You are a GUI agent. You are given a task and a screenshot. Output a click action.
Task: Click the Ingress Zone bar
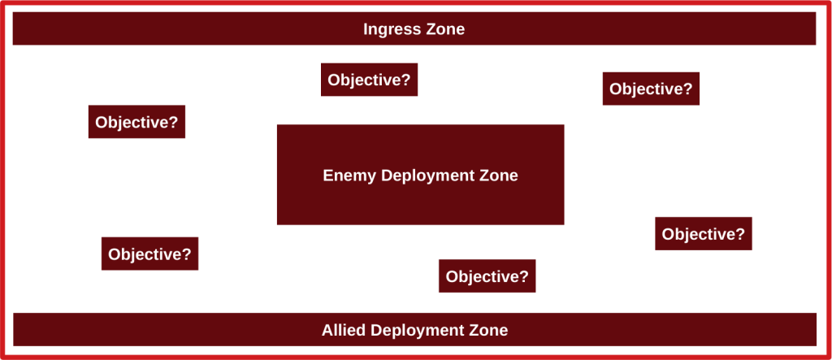[x=414, y=28]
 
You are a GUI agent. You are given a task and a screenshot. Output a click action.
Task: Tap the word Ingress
[x=385, y=30]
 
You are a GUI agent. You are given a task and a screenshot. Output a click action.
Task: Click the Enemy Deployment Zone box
[x=420, y=175]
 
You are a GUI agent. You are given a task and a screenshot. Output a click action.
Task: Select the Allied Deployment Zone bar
[x=414, y=330]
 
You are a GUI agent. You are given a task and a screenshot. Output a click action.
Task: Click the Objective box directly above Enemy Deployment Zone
[x=370, y=80]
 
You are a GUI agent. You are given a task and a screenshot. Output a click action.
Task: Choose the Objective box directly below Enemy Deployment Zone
[x=487, y=276]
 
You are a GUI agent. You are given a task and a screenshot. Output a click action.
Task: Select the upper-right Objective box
[x=651, y=89]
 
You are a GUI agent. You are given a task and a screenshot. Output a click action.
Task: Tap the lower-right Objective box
[x=704, y=233]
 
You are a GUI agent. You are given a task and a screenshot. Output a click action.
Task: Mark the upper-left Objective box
[x=136, y=122]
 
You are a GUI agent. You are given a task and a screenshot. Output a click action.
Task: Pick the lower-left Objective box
[x=149, y=254]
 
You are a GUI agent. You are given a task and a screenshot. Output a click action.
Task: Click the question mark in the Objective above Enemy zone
[x=406, y=80]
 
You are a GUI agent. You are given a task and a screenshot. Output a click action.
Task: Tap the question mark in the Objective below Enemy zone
[x=524, y=276]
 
